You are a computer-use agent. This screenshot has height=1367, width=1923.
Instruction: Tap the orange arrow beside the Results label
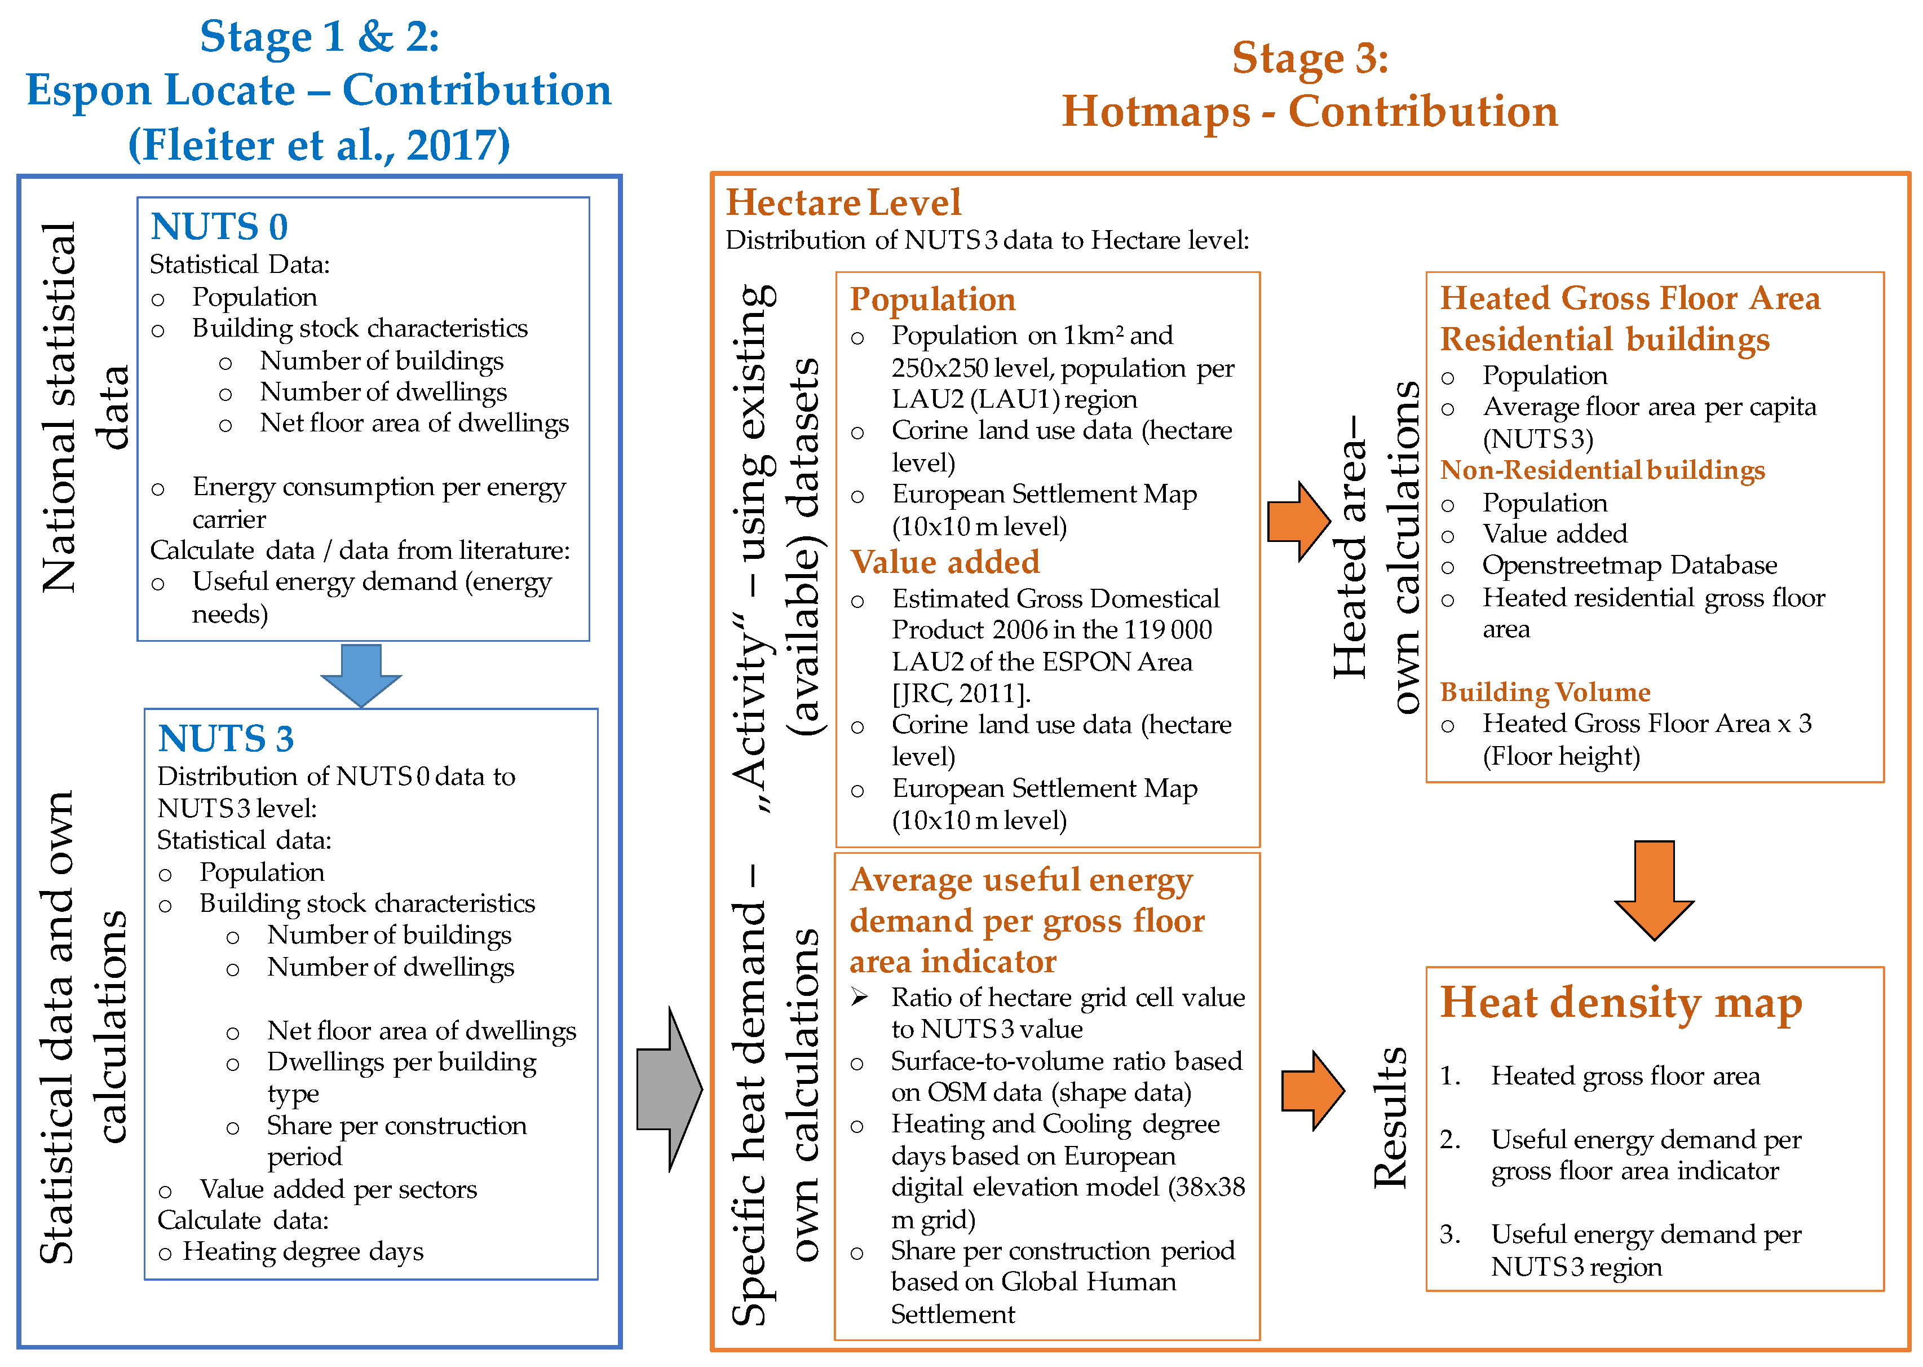tap(1313, 1090)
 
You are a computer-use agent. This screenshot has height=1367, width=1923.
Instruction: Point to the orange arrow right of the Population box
tap(1298, 521)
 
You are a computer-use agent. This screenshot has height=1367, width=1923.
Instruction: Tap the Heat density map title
tap(1621, 1003)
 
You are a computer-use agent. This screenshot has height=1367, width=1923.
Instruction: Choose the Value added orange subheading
tap(944, 562)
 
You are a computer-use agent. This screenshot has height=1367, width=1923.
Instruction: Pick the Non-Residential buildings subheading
tap(1602, 470)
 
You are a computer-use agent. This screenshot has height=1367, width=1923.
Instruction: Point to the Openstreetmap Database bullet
tap(1629, 565)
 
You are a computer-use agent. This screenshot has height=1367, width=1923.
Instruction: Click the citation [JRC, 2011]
tap(961, 693)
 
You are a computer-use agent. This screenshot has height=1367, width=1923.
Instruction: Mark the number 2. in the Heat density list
tap(1449, 1140)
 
